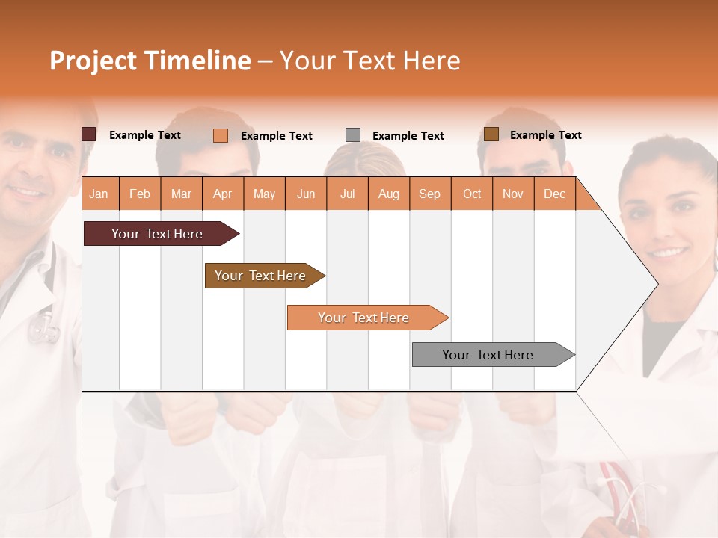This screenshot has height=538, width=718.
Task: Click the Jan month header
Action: coord(99,194)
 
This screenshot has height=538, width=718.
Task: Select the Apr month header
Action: coord(222,194)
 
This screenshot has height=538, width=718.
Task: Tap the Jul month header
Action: coord(347,194)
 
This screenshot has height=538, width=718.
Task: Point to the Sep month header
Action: coord(429,194)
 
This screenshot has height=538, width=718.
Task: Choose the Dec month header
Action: coord(554,194)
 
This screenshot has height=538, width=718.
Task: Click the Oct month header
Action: coord(472,194)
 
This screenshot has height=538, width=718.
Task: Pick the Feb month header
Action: coord(140,194)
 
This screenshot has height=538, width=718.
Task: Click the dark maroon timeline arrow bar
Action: coord(157,234)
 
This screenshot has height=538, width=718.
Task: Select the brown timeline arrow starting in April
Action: coord(260,276)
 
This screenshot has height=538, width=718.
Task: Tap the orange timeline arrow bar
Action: coord(363,318)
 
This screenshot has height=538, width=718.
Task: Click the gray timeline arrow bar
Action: coord(488,355)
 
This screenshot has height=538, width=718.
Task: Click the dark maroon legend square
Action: coord(89,134)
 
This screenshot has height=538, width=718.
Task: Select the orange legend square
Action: coord(221,135)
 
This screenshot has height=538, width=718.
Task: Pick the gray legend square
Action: coord(353,134)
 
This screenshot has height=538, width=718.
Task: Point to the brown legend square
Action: coord(491,134)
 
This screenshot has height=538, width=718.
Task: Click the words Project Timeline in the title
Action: coord(150,61)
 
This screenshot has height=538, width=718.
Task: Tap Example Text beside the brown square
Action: coord(545,135)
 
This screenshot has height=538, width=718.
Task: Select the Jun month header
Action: coord(306,194)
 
